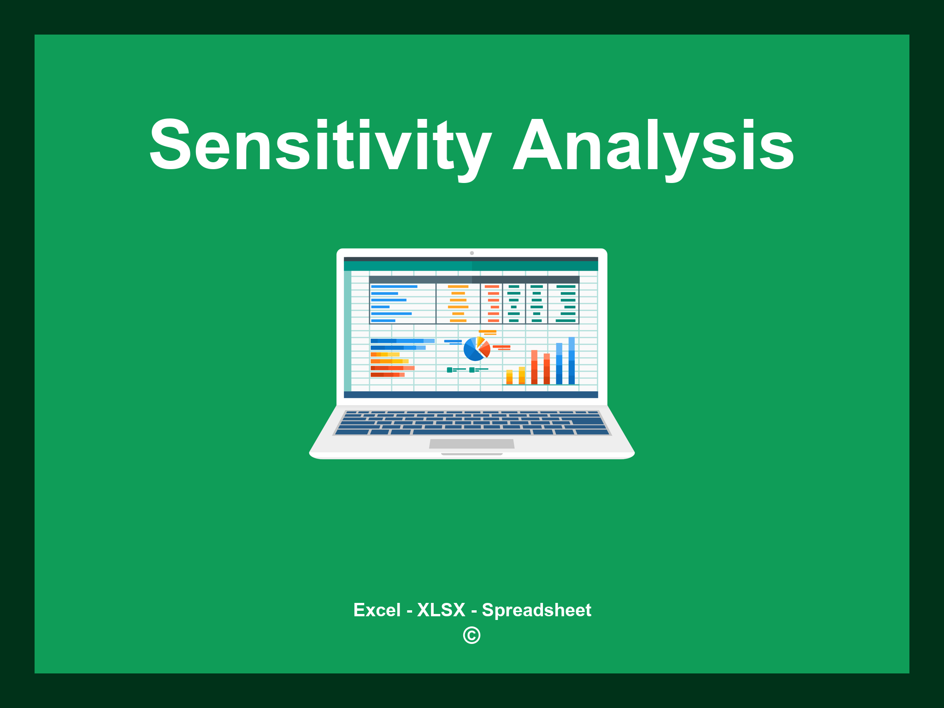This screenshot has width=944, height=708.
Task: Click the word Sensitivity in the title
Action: tap(320, 145)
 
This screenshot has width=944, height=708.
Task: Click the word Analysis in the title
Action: tap(654, 145)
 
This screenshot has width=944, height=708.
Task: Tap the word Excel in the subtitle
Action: tap(377, 610)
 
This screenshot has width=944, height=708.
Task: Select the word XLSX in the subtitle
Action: tap(441, 610)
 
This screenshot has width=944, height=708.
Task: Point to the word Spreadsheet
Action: tap(536, 610)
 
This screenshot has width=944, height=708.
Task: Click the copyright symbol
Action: tap(472, 636)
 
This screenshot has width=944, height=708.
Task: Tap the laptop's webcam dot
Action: tap(472, 253)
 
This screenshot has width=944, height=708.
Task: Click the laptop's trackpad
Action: tap(472, 443)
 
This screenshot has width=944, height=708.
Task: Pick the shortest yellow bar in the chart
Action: tap(509, 377)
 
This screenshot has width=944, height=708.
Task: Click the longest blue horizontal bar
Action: tap(402, 341)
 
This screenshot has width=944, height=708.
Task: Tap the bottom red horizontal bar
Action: tap(387, 375)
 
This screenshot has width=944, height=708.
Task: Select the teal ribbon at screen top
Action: tap(471, 266)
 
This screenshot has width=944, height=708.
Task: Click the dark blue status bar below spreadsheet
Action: tap(471, 395)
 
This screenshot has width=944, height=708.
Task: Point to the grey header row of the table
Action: tap(474, 279)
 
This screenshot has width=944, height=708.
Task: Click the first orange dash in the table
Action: tap(458, 287)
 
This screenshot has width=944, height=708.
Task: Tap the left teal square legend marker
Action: tap(449, 370)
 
